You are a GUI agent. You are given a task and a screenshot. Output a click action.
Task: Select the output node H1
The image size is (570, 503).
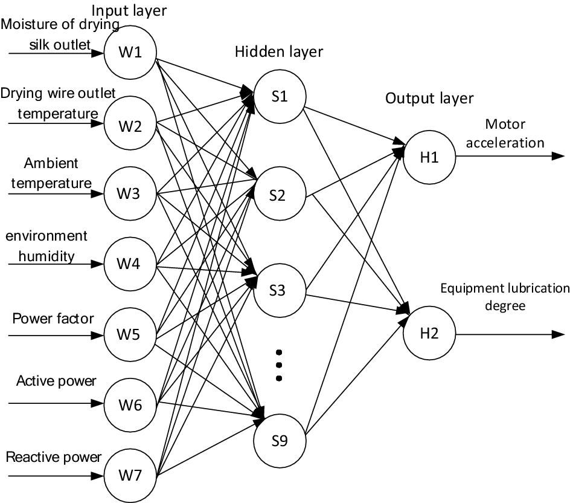coord(431,158)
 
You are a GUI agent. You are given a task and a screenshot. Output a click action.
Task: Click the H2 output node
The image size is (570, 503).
coord(431,334)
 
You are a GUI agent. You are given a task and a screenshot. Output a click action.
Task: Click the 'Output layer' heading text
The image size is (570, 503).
coord(429,99)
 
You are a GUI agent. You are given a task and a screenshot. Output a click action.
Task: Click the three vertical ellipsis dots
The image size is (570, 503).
coord(279,365)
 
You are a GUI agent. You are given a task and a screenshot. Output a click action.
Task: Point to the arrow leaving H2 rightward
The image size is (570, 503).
coord(507,334)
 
